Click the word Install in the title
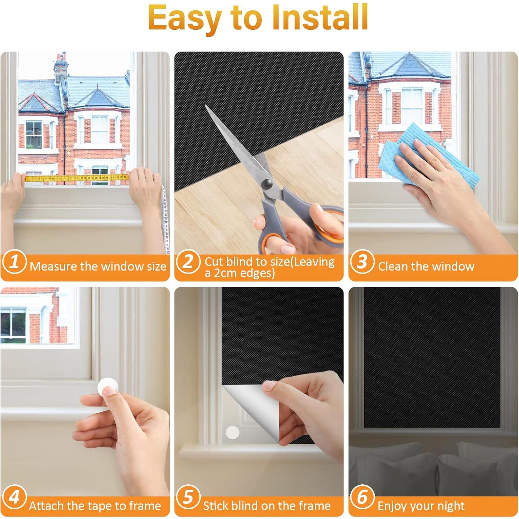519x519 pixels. [x=320, y=17]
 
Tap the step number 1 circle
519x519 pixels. [x=14, y=262]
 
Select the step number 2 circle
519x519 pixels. [x=188, y=262]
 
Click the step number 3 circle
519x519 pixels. [x=362, y=262]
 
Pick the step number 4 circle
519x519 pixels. [x=14, y=497]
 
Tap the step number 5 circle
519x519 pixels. [x=188, y=497]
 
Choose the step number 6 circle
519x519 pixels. [x=362, y=497]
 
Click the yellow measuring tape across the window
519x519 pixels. [x=77, y=178]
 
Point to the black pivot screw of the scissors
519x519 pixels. [x=267, y=184]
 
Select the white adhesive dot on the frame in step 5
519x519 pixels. [x=232, y=432]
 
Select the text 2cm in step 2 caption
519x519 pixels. [x=226, y=273]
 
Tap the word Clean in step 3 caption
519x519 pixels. [x=393, y=266]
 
